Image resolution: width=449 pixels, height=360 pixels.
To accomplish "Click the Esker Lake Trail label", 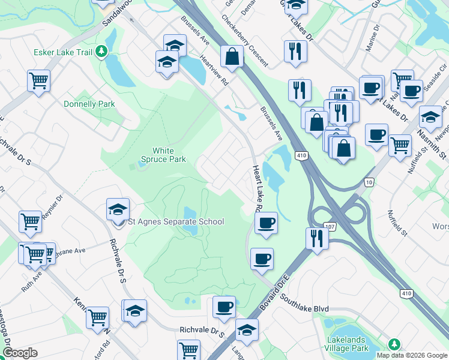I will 63,52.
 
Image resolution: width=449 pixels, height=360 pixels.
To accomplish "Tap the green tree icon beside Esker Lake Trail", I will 103,52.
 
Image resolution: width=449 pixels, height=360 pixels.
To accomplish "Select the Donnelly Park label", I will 89,104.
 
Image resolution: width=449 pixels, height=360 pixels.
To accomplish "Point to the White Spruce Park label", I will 163,155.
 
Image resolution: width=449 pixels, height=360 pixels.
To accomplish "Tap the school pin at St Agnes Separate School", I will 118,210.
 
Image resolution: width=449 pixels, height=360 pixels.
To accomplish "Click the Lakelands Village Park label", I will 355,344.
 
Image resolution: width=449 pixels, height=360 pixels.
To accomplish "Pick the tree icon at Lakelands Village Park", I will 394,344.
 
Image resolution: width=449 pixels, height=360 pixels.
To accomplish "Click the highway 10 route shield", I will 369,181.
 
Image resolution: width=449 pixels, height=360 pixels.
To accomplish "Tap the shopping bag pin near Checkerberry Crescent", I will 231,58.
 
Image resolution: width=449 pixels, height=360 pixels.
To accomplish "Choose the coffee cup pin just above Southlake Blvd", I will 262,259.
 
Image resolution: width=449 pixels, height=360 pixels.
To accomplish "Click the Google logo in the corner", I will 20,353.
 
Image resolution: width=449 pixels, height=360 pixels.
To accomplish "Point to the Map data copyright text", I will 412,355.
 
